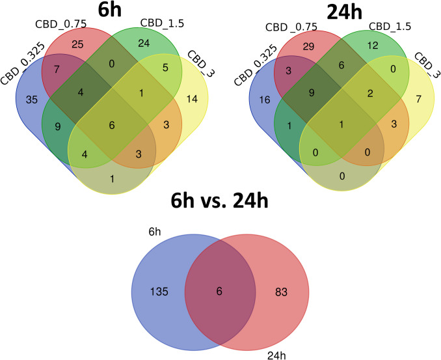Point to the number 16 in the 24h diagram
point(263,101)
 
